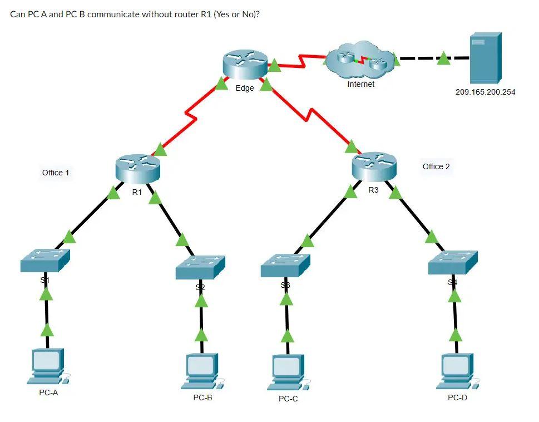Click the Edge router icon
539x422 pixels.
coord(245,65)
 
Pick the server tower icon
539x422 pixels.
coord(485,58)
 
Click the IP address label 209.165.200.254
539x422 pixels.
coord(485,92)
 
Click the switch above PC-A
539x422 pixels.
coord(45,261)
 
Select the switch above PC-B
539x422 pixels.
coord(200,268)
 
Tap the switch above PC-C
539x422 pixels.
coord(285,266)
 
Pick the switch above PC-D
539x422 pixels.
coord(453,263)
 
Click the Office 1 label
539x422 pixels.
coord(56,173)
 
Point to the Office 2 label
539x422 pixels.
coord(436,166)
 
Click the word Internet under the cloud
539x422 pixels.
coord(360,84)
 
